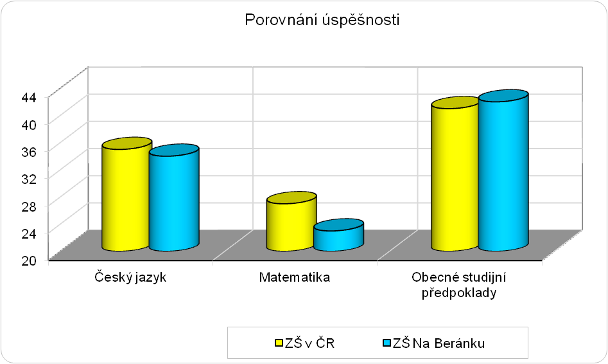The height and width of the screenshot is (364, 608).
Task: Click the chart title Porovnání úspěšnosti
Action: [322, 20]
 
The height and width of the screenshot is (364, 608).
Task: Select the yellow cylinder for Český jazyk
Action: [126, 194]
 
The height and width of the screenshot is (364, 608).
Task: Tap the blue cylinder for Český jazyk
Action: [174, 197]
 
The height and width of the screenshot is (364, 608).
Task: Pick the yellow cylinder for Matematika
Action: [291, 221]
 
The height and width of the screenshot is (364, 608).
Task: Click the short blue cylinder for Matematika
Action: [338, 235]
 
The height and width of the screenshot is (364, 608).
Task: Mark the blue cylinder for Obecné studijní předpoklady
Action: [503, 170]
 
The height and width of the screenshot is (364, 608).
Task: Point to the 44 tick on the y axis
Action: [31, 98]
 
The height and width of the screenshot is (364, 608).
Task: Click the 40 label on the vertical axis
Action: [31, 125]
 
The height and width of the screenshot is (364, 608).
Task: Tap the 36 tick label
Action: [31, 152]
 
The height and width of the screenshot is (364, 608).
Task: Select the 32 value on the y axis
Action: [31, 179]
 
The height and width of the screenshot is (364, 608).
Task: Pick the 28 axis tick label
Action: [31, 206]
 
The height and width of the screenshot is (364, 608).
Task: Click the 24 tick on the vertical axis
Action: [31, 233]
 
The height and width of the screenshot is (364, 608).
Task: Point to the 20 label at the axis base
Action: [31, 260]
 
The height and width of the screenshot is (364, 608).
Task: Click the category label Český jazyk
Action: [130, 278]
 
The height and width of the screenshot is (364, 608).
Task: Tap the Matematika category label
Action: [295, 277]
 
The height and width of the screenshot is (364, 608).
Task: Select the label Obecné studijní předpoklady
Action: [459, 285]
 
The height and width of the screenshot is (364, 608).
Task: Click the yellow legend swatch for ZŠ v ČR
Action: [279, 343]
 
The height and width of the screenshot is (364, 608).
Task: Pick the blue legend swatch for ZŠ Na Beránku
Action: [387, 343]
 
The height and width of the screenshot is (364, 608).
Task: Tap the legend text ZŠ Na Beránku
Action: [439, 343]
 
